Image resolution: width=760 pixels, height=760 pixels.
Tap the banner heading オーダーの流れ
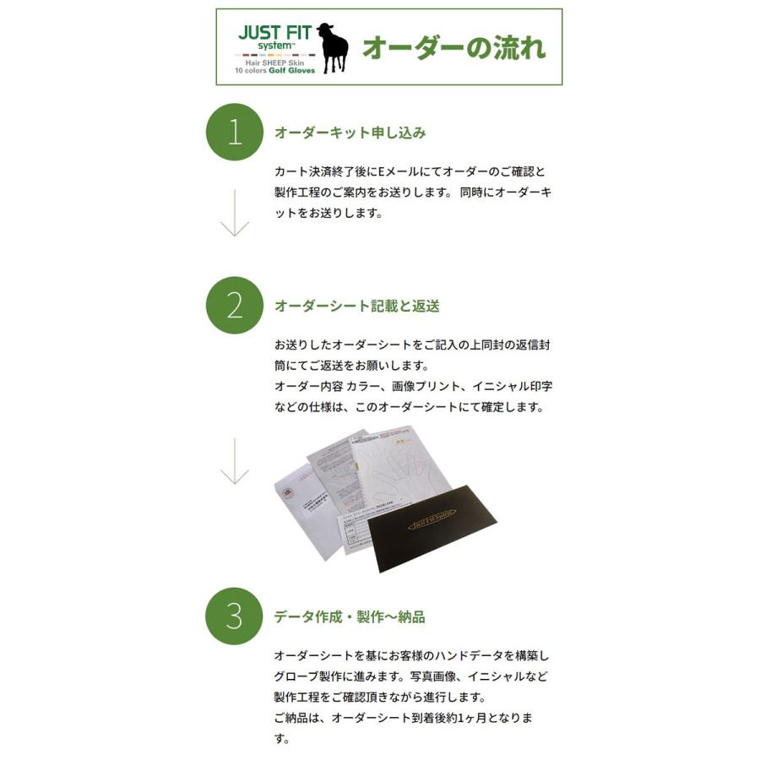[x=453, y=47]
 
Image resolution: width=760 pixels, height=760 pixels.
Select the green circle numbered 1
[x=235, y=133]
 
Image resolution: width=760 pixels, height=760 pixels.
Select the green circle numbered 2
[x=235, y=305]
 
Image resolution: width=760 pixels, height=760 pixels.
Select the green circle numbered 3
[x=235, y=616]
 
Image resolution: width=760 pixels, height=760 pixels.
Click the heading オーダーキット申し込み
[x=350, y=133]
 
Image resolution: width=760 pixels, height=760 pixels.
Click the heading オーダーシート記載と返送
[x=356, y=306]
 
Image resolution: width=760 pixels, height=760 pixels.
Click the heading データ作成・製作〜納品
[x=349, y=616]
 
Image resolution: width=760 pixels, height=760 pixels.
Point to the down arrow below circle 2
[x=235, y=460]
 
